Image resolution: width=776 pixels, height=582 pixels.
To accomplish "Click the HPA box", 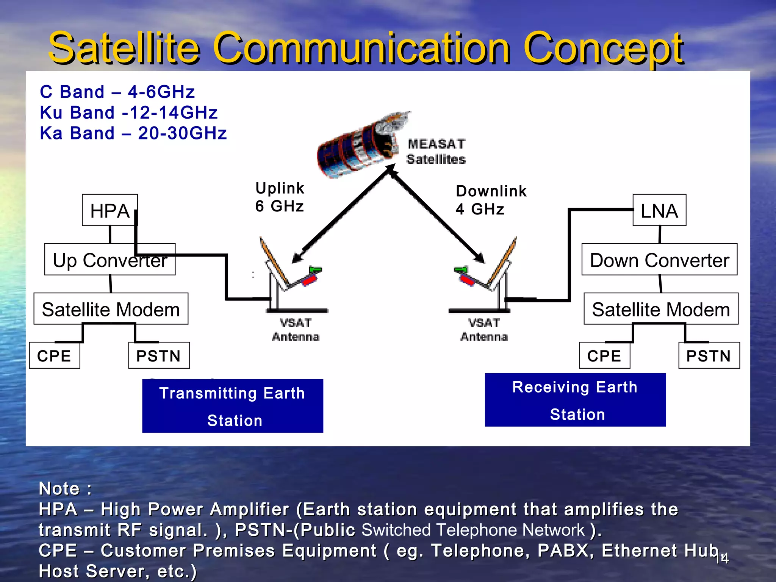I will coord(110,210).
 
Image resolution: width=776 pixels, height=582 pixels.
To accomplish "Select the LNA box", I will coord(659,210).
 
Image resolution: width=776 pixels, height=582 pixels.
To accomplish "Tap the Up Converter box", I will coord(110,260).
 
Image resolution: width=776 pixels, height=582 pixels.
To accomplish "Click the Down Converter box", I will coord(659,260).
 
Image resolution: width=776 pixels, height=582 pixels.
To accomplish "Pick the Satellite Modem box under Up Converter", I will coord(111,309).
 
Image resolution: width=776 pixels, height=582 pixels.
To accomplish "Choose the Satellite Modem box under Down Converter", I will coord(660,309).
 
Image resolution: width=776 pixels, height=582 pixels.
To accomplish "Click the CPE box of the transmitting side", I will coord(54,355).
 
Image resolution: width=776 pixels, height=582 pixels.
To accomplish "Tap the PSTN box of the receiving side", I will coord(709,355).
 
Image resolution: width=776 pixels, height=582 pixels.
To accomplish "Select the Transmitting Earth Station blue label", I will coord(232,406).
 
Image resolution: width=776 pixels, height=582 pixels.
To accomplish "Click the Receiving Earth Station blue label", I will coord(575,400).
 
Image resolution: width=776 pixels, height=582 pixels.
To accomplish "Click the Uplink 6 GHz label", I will coord(280,197).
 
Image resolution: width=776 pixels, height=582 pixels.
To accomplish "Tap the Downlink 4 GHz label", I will coord(491,200).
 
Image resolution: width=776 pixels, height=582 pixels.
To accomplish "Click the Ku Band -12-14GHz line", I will coord(129,113).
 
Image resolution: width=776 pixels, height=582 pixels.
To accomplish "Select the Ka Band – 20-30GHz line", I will coord(133,133).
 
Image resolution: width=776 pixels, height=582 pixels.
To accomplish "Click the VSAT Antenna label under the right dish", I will coord(484,330).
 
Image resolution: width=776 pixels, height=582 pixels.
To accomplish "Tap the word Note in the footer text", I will coord(59,488).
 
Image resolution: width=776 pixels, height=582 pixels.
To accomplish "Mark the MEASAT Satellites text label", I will coord(436,151).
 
